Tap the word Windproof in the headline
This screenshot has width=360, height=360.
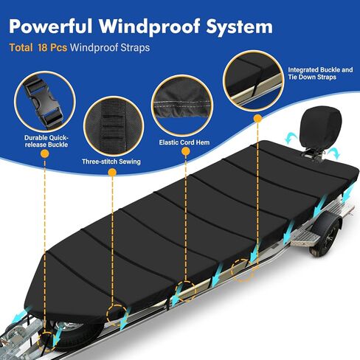click(149, 27)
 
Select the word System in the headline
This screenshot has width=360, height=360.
click(240, 27)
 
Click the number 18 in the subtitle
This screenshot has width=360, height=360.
click(42, 47)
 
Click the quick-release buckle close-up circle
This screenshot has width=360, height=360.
click(45, 102)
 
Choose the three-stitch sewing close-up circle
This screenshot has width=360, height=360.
click(114, 126)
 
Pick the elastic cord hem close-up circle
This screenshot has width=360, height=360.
click(182, 105)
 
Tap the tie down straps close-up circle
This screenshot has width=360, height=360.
click(253, 80)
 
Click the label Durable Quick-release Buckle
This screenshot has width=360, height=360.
click(46, 141)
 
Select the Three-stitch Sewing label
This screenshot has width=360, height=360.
click(111, 162)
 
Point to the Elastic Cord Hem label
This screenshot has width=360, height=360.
click(184, 142)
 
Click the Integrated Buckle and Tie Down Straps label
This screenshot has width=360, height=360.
click(320, 73)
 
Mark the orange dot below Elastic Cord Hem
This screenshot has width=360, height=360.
click(186, 151)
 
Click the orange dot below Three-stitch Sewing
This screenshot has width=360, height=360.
click(112, 173)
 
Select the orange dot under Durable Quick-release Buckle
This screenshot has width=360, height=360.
click(45, 154)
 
